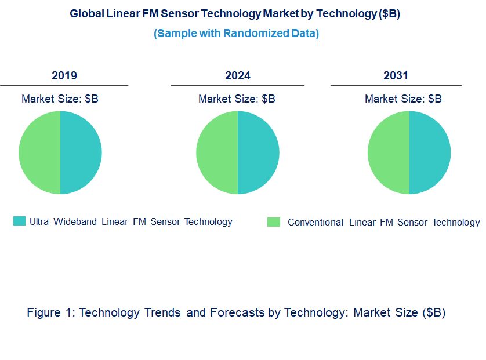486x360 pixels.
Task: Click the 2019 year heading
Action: tap(64, 76)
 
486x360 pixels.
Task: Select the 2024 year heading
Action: tap(237, 76)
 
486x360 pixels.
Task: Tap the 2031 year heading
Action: tap(396, 76)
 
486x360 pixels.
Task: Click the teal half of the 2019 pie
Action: tap(81, 152)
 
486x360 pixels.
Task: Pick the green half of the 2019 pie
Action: tap(39, 152)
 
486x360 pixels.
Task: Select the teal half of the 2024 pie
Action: tap(259, 152)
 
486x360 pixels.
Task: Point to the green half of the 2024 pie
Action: tap(217, 152)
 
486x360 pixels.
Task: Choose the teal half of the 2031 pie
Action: tap(430, 152)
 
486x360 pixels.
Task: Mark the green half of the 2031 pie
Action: tap(389, 152)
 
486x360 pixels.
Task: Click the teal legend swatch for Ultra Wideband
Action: tap(20, 221)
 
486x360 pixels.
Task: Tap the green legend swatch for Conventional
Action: tap(274, 222)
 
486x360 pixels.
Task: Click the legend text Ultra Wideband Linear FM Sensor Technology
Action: tap(131, 221)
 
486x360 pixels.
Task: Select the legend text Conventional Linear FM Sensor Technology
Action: tap(384, 222)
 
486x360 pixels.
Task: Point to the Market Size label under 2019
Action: tap(60, 99)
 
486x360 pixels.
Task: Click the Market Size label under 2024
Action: tap(237, 99)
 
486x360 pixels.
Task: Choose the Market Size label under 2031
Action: tap(403, 99)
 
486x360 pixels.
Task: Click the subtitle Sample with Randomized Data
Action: tap(236, 33)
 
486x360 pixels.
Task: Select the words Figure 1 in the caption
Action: tap(50, 313)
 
